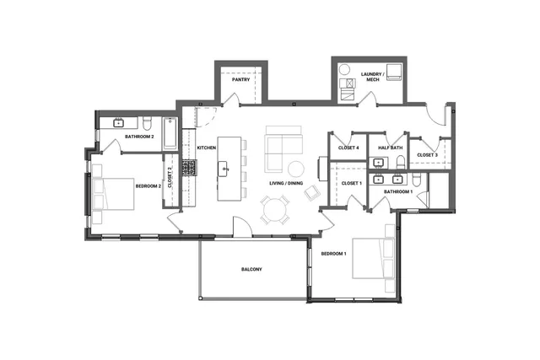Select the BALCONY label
coord(251,269)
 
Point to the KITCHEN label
coord(207,148)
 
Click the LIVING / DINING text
coord(286,183)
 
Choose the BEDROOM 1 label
coord(333,253)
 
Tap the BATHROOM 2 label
coord(139,136)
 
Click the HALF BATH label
coord(391,148)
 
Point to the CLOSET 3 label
coord(426,154)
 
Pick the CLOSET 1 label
coord(351,183)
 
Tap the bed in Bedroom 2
coord(114,194)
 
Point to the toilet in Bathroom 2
coord(147,121)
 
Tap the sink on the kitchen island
coord(225,169)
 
